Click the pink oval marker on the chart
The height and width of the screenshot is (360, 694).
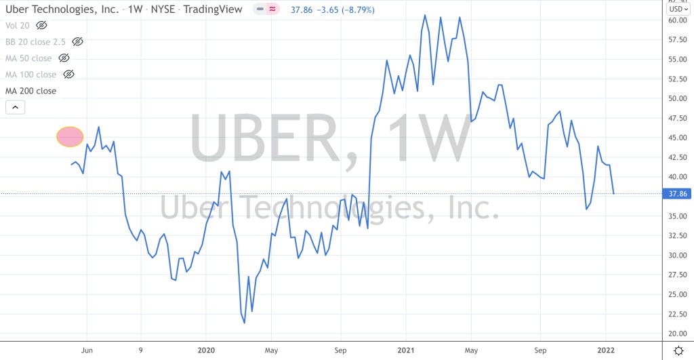69,137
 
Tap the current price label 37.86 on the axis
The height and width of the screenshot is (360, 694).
678,194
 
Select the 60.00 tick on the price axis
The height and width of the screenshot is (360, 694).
678,20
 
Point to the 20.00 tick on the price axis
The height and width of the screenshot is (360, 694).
678,334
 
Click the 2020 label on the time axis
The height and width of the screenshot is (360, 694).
206,351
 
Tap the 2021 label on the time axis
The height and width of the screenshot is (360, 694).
405,351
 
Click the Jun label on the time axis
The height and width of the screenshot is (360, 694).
87,351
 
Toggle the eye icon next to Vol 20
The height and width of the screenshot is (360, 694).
42,25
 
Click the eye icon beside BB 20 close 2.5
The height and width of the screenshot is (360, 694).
77,41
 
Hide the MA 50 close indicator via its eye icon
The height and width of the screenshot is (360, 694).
64,58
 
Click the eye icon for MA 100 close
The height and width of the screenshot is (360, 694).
68,75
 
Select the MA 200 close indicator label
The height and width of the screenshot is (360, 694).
31,91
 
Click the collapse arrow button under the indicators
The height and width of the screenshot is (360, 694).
15,106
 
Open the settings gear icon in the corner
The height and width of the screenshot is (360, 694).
678,350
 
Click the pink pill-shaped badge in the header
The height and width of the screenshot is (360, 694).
266,10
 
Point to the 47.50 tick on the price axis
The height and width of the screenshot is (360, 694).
678,118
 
